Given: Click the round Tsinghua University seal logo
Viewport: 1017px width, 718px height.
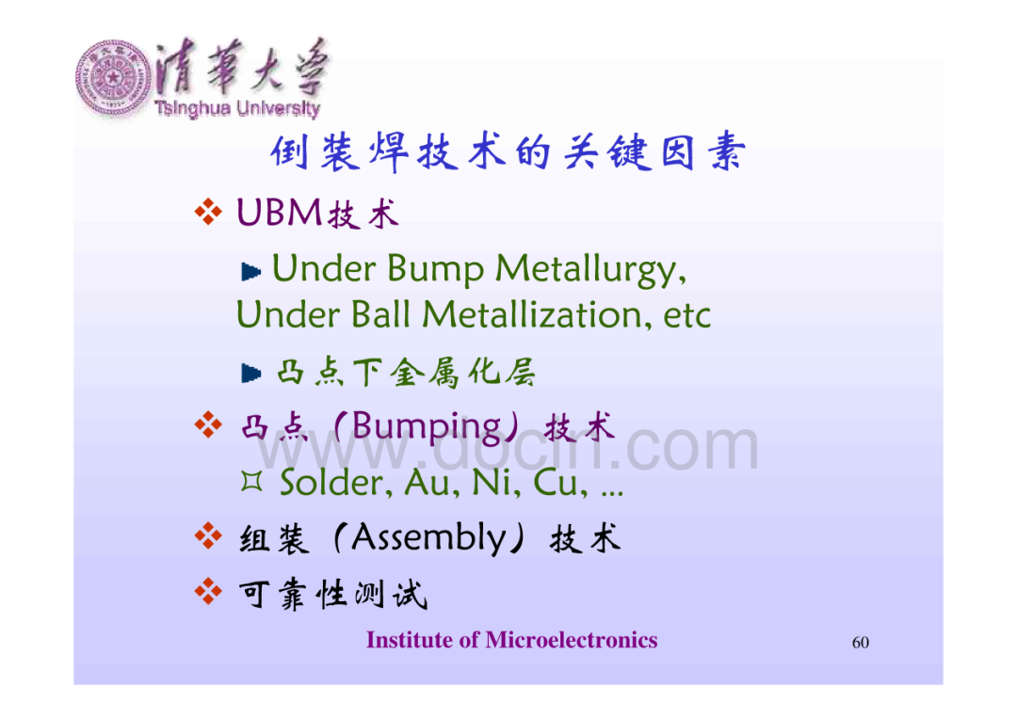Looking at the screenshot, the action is click(113, 78).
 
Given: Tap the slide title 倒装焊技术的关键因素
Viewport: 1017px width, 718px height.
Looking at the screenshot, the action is click(508, 152).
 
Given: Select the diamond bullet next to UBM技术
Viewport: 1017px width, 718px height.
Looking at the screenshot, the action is click(207, 212).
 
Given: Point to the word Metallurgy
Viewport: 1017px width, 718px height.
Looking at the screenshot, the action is click(590, 270).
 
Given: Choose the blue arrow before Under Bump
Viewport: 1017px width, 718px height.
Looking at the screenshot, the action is click(251, 272).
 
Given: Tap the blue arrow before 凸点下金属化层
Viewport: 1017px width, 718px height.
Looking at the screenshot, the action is click(251, 374).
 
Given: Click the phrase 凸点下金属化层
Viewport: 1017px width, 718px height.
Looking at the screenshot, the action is click(406, 372).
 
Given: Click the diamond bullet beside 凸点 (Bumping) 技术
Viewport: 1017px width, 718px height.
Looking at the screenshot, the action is click(207, 425).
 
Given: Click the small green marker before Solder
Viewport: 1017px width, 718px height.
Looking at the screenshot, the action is click(251, 481).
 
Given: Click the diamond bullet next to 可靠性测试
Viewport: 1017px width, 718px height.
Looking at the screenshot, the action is click(207, 591).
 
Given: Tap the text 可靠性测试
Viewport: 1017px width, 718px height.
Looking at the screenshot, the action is click(333, 594).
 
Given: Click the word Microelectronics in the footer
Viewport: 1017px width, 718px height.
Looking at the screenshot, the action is click(572, 640).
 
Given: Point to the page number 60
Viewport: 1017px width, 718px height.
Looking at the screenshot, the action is click(860, 642).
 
